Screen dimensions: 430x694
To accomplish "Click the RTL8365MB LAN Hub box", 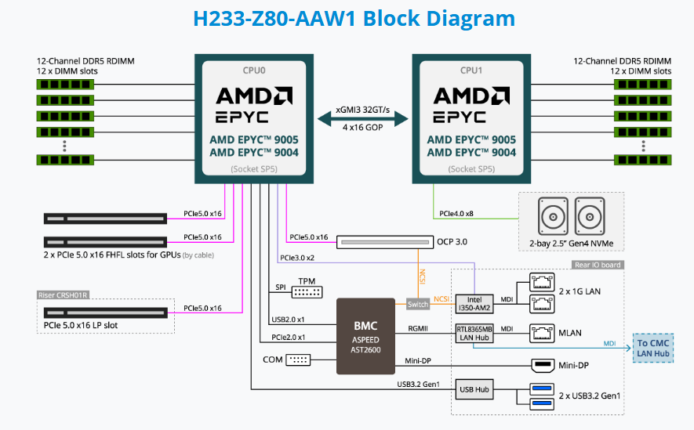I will click(475, 333).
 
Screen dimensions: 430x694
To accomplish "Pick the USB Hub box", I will click(475, 389).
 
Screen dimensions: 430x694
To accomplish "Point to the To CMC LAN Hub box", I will click(653, 348).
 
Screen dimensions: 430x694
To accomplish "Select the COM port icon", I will click(299, 360).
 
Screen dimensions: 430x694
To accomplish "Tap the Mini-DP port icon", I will click(540, 365).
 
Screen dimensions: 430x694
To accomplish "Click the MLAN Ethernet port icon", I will click(540, 332).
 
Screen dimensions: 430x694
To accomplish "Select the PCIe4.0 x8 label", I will click(456, 212).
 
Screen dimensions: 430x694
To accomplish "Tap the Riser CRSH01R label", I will click(64, 295).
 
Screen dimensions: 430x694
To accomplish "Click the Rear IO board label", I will click(598, 265).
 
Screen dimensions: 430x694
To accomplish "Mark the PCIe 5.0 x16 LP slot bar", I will click(105, 313).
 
